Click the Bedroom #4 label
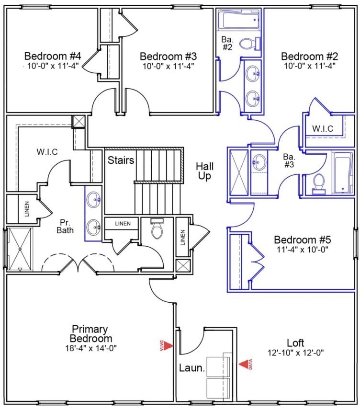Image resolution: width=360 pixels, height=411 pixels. [x=52, y=56]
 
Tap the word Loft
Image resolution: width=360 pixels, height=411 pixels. [x=295, y=343]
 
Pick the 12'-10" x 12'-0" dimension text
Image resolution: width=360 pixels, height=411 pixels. [x=296, y=353]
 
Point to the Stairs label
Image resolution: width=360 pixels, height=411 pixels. [x=120, y=159]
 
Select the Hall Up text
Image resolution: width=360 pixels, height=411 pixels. [x=205, y=171]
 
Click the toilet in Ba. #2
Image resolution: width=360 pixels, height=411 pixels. [x=247, y=45]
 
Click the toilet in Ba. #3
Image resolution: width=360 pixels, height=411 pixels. [x=318, y=183]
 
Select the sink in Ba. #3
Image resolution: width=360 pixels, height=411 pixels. [x=259, y=162]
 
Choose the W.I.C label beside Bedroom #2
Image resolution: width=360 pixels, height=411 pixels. [x=323, y=128]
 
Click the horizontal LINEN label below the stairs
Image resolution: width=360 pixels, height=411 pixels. [x=122, y=223]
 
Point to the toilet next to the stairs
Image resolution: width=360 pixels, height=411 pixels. [x=157, y=230]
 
